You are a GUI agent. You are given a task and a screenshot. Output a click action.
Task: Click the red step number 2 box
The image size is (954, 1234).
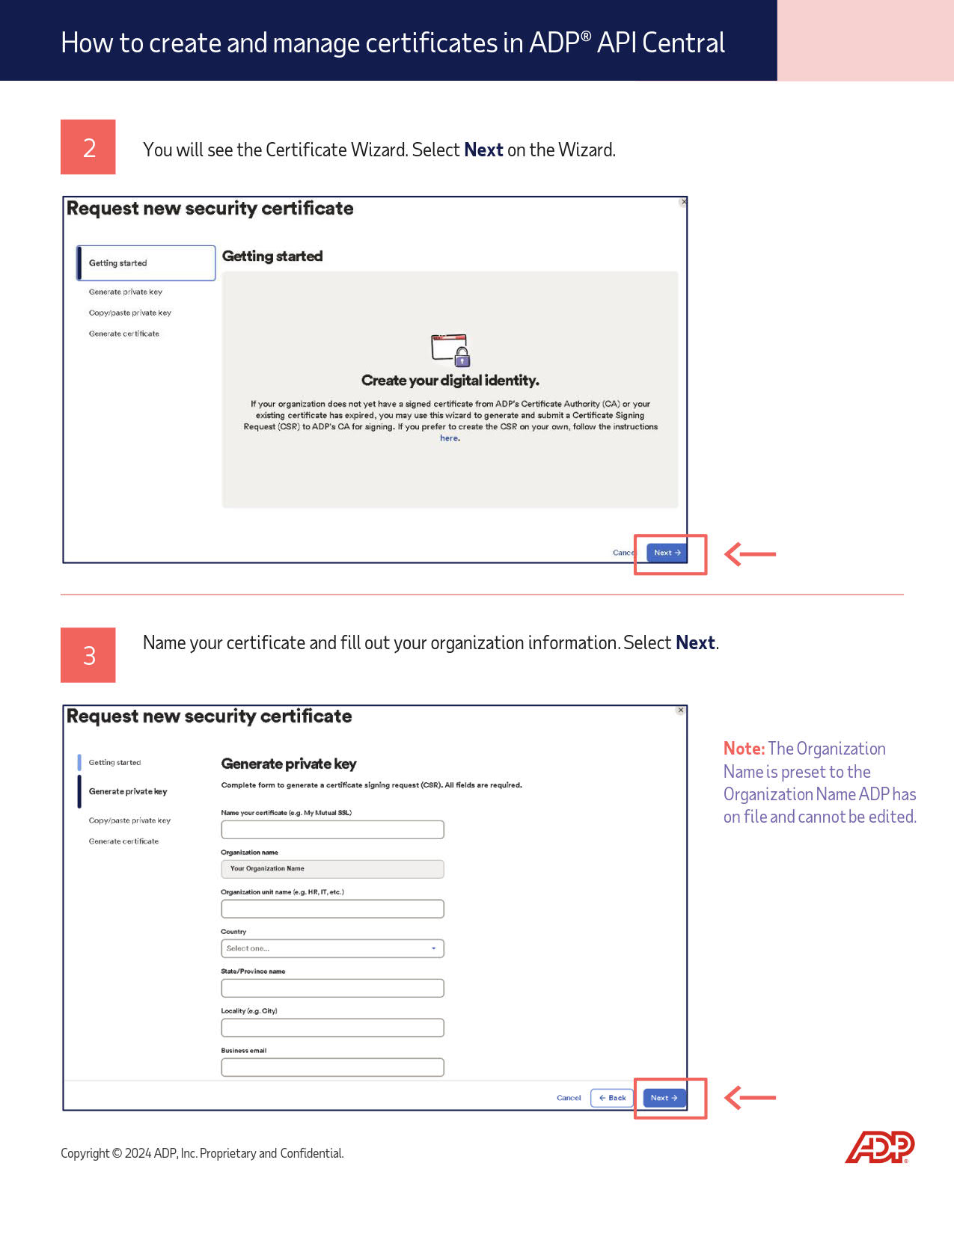pos(88,147)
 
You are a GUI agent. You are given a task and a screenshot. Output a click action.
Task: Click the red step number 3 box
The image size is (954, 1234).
pos(88,655)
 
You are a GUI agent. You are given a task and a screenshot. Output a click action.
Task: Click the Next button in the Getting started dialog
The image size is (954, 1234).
pos(667,553)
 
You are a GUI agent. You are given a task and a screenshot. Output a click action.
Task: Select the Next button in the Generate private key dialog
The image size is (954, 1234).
pos(664,1098)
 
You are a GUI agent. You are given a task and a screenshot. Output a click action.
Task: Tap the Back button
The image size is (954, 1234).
pos(612,1098)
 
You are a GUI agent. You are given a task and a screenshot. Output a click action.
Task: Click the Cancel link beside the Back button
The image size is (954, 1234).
pos(569,1098)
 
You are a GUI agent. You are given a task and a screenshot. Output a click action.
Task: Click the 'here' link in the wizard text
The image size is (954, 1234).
pos(449,438)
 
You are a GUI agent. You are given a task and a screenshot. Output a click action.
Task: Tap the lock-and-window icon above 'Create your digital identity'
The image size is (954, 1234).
pos(450,349)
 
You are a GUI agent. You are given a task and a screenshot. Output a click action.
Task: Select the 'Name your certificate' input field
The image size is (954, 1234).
pos(332,829)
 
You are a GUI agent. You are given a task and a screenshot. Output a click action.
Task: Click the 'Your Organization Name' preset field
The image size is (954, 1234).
pos(332,869)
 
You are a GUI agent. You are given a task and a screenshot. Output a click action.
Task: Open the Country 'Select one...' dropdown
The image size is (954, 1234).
pos(332,948)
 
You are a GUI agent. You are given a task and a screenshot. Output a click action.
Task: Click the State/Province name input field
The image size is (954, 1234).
pos(332,988)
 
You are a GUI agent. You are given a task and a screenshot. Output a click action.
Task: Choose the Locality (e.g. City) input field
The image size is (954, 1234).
pos(332,1028)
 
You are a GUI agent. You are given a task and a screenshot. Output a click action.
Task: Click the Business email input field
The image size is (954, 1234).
pos(332,1067)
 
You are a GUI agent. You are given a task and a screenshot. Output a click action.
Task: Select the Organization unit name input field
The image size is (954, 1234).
pos(332,909)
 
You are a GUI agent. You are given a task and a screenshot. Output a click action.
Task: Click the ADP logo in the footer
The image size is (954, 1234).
pos(880,1147)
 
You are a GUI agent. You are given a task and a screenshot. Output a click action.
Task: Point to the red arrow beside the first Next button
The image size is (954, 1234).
pos(750,554)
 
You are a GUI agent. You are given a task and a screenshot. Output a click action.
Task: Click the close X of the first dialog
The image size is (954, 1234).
pos(683,202)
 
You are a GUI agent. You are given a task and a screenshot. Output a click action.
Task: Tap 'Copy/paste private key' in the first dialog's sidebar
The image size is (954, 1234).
pos(130,313)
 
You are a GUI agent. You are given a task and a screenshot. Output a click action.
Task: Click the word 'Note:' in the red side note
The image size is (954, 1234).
pos(744,749)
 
